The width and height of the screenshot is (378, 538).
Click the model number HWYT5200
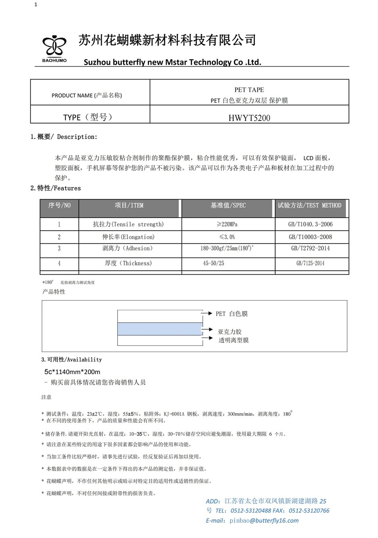[249, 117]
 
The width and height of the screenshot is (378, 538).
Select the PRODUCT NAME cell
[87, 95]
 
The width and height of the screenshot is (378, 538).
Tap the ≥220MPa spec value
[228, 224]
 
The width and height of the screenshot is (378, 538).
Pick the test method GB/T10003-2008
[311, 237]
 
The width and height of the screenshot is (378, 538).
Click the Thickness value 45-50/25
[214, 263]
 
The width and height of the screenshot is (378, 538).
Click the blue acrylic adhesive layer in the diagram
[159, 329]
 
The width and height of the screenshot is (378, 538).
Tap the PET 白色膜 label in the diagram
[232, 314]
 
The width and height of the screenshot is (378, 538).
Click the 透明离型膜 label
[234, 340]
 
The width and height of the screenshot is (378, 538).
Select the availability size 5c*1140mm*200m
[73, 372]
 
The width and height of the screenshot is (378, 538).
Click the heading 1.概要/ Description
[64, 137]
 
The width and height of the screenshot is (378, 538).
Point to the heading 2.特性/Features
[55, 188]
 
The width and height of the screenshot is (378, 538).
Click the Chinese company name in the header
[167, 40]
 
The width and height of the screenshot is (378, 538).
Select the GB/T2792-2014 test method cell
[311, 248]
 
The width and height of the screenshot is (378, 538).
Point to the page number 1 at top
[36, 5]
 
